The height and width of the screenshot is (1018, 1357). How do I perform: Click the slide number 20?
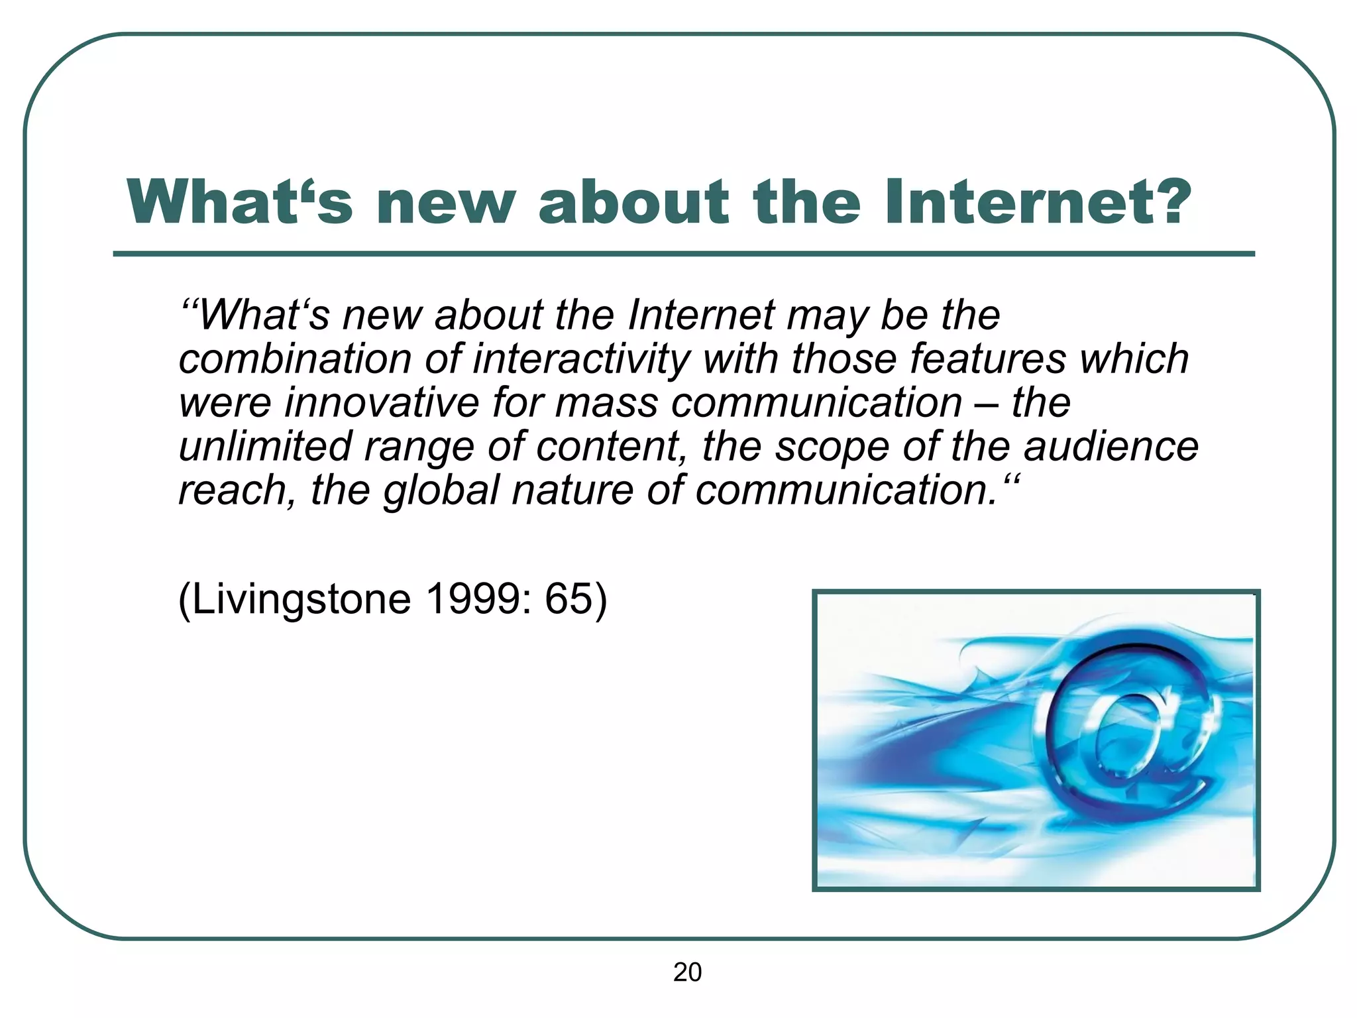coord(687,972)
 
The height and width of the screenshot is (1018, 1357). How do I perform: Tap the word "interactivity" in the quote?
coord(582,359)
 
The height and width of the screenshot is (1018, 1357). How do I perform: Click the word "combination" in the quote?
coord(296,359)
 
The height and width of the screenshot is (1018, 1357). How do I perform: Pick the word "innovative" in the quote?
coord(381,403)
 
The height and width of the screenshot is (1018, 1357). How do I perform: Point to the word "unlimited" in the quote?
coord(265,447)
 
